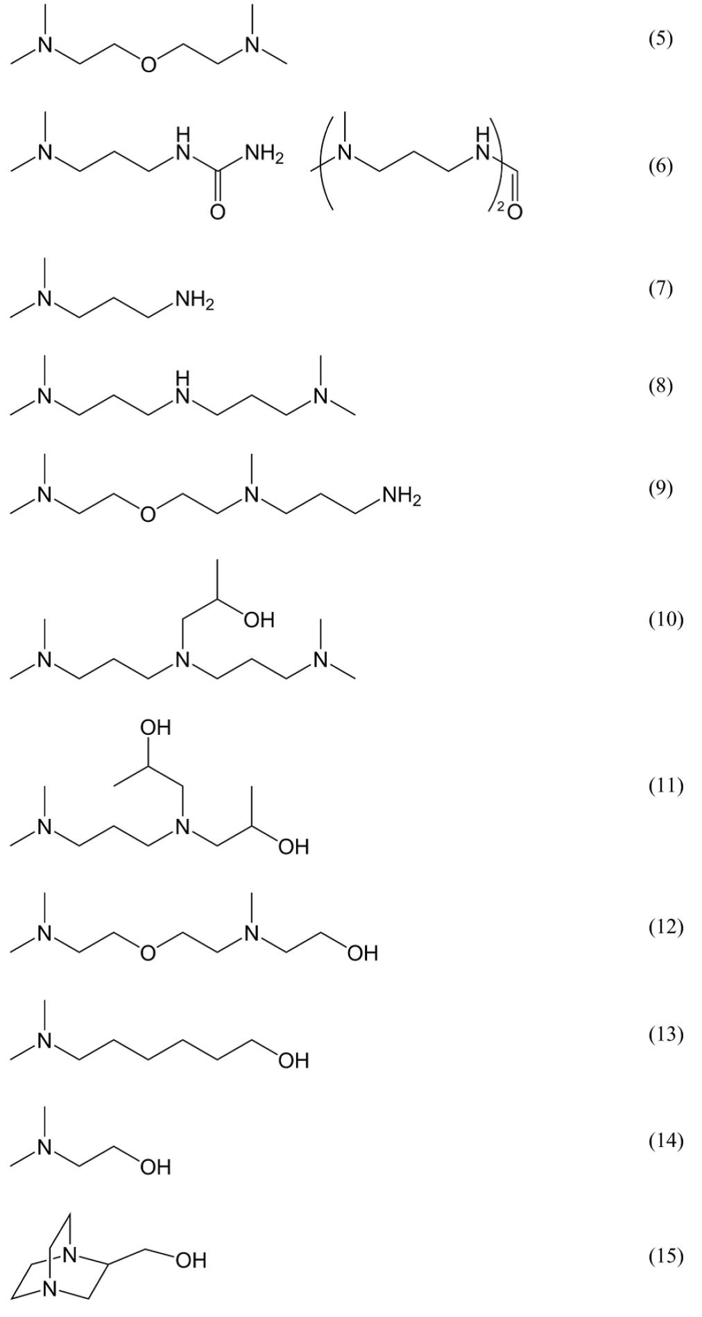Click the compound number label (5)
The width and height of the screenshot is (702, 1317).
point(660,39)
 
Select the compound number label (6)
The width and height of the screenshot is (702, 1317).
point(660,166)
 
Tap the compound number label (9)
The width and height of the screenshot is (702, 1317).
point(660,488)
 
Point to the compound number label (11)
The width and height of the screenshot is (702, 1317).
point(666,785)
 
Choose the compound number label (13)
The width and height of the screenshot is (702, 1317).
point(666,1034)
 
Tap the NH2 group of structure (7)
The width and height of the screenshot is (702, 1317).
point(194,301)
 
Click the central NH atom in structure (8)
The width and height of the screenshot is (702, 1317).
point(182,389)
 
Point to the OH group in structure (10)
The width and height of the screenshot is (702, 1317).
point(259,619)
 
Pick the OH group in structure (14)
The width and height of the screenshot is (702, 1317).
point(155,1167)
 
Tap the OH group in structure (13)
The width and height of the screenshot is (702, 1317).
point(293,1060)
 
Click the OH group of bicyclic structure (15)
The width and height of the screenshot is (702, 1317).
point(190,1259)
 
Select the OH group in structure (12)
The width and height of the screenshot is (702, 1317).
point(363,953)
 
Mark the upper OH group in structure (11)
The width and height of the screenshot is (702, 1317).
point(155,727)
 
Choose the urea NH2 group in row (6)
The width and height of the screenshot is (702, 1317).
point(264,156)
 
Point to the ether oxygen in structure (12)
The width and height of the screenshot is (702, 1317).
point(148,953)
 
